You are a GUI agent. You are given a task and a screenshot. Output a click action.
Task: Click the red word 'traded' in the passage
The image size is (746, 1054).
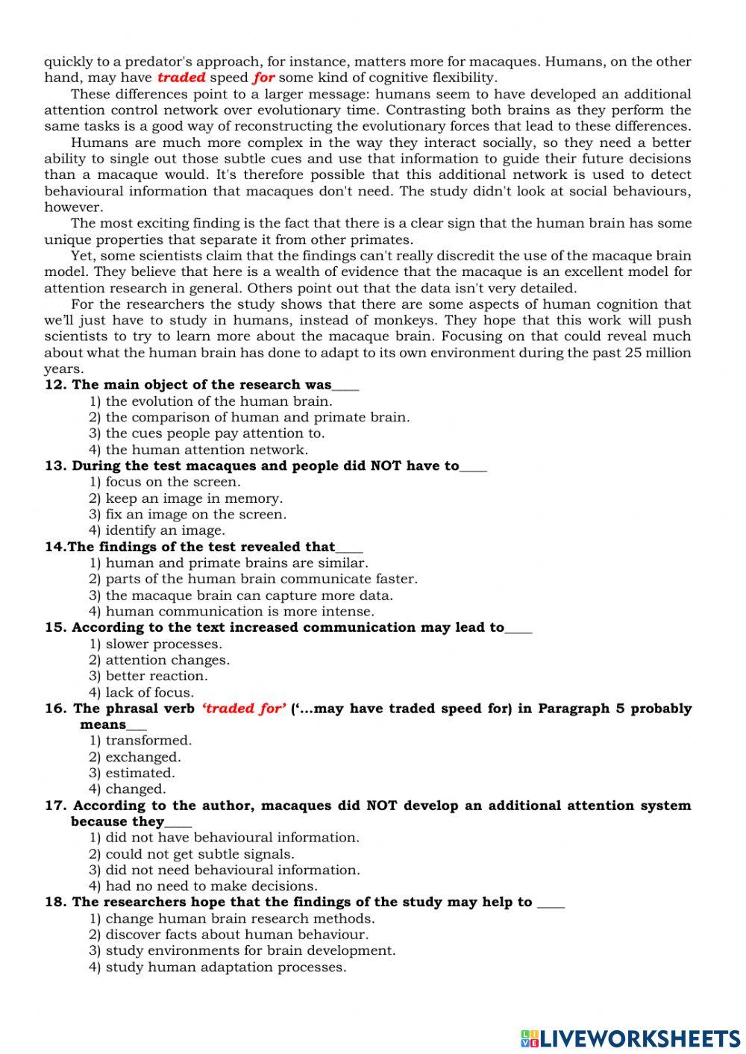[x=181, y=78]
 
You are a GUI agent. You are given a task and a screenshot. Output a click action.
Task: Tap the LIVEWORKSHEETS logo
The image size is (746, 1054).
[x=630, y=1038]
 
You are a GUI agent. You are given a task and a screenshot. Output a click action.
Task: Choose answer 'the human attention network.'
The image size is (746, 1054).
[x=206, y=450]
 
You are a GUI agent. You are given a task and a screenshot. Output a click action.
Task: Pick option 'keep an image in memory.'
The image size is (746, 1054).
[x=193, y=498]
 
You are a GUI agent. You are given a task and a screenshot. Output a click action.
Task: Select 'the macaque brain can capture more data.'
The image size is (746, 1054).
[x=248, y=595]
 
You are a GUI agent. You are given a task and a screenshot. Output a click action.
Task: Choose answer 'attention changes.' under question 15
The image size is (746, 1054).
[x=167, y=660]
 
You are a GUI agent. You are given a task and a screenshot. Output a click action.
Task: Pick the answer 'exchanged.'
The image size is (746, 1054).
[x=142, y=757]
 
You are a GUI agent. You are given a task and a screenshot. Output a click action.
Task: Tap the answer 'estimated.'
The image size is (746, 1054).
[x=140, y=773]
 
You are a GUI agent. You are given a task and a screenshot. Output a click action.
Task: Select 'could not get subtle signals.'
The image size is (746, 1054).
[x=199, y=854]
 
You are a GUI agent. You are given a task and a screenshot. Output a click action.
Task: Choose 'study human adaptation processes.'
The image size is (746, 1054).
[x=225, y=967]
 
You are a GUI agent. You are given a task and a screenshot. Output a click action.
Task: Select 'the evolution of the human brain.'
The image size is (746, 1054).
[x=219, y=401]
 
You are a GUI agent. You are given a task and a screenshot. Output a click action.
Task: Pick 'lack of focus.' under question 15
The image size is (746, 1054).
[x=149, y=692]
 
